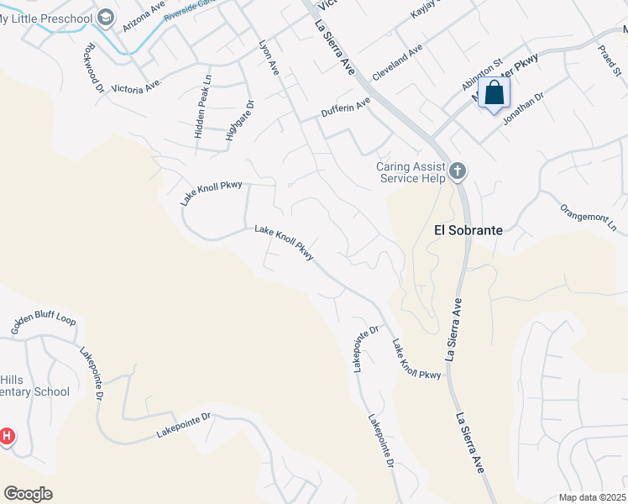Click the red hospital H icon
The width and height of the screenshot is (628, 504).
(7, 436)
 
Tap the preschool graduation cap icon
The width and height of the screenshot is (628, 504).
(106, 16)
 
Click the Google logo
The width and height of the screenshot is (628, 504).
(28, 494)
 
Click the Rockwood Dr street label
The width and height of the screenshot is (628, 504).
(92, 64)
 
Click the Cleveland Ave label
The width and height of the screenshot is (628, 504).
(397, 64)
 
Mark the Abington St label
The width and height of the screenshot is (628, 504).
(481, 74)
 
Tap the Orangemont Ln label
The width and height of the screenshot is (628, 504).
(588, 217)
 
